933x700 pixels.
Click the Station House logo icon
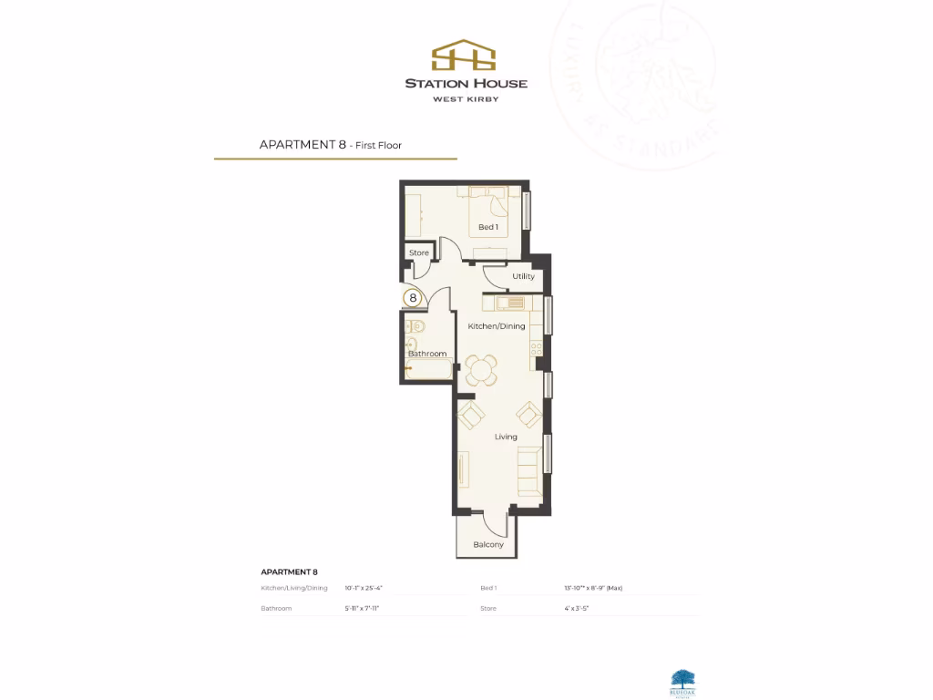coord(466,55)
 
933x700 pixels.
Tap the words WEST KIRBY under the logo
coord(466,98)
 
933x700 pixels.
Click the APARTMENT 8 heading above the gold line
coord(303,144)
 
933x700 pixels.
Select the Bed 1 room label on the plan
coord(488,227)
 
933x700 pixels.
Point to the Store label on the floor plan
coord(419,253)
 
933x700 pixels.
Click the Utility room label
coord(523,276)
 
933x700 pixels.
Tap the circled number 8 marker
coord(413,297)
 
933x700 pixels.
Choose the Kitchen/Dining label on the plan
coord(497,326)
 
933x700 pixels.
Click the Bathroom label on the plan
coord(427,354)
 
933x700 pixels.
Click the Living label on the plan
coord(506,437)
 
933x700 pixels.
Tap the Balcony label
coord(488,545)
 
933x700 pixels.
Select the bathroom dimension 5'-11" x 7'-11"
coord(362,608)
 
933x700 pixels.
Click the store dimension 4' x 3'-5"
coord(577,608)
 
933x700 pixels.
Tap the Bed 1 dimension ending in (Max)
coord(593,589)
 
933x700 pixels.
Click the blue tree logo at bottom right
coord(682,678)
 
